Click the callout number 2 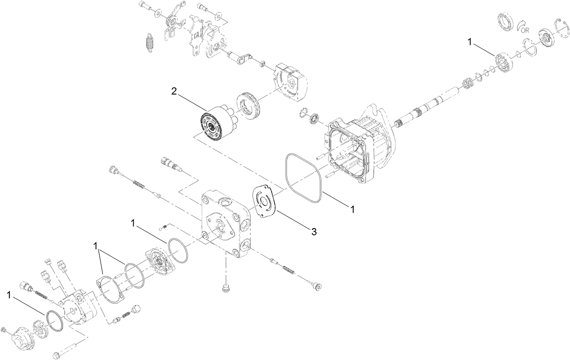point(174,91)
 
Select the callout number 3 point(313,231)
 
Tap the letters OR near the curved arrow point(525,30)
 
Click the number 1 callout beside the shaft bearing point(470,42)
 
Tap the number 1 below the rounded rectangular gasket point(351,209)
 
